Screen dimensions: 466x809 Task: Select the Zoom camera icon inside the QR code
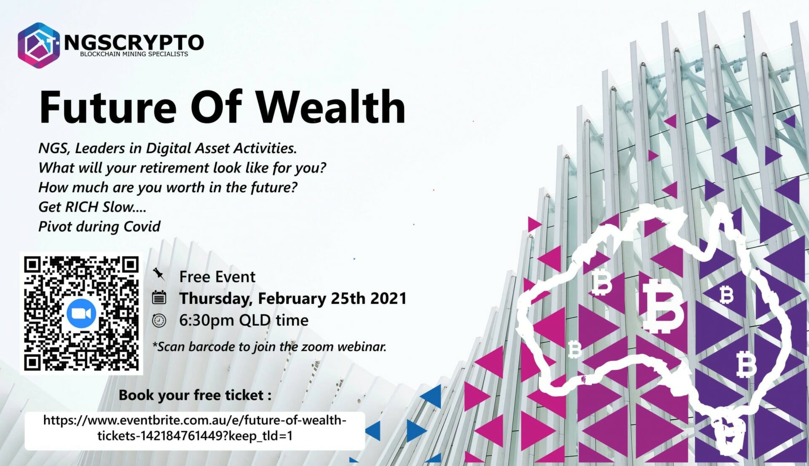(x=81, y=313)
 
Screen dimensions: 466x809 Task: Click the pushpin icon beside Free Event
(x=159, y=274)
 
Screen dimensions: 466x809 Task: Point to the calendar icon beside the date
(x=159, y=297)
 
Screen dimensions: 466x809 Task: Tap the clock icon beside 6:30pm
(x=159, y=321)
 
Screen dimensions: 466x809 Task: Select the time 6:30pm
(x=206, y=321)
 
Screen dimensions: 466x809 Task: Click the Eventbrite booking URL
(x=195, y=428)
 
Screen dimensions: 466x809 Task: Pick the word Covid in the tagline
(x=142, y=227)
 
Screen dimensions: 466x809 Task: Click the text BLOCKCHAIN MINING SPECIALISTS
(x=134, y=54)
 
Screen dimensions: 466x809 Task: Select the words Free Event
(x=217, y=277)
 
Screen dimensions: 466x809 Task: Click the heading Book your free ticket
(x=195, y=395)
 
